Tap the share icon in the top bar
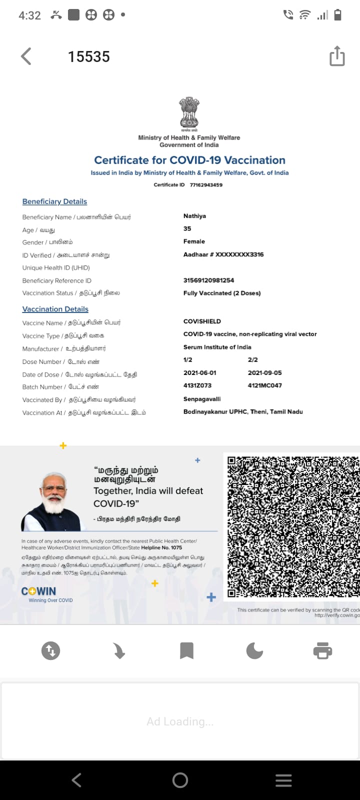[337, 56]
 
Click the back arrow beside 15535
[26, 56]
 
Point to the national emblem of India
[189, 112]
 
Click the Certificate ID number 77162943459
[206, 185]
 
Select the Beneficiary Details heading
[54, 201]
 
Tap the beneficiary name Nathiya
[194, 216]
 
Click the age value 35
[187, 228]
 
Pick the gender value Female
[194, 241]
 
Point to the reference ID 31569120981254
[208, 280]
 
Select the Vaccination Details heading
[55, 309]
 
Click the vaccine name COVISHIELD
[202, 321]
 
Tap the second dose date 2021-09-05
[264, 373]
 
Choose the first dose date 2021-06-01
[200, 373]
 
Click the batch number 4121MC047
[264, 385]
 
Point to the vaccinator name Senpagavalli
[202, 399]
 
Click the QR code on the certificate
[293, 526]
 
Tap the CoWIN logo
[38, 591]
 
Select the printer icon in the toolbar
[322, 650]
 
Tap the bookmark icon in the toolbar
[186, 650]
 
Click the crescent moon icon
[254, 650]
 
